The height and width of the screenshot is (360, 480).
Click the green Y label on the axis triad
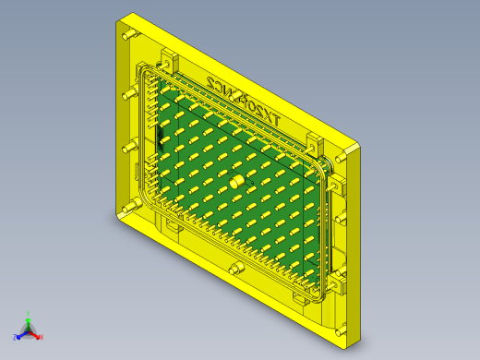(x=30, y=313)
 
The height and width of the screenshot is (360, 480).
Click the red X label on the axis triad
(x=42, y=337)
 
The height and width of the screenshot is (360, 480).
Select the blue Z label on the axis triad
(x=17, y=336)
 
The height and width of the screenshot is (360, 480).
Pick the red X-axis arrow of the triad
(x=36, y=334)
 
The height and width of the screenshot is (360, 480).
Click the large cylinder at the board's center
(x=237, y=182)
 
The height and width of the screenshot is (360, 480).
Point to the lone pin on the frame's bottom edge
(x=236, y=268)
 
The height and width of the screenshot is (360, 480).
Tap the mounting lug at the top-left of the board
(x=169, y=59)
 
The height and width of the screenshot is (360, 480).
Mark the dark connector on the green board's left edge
(x=160, y=140)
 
